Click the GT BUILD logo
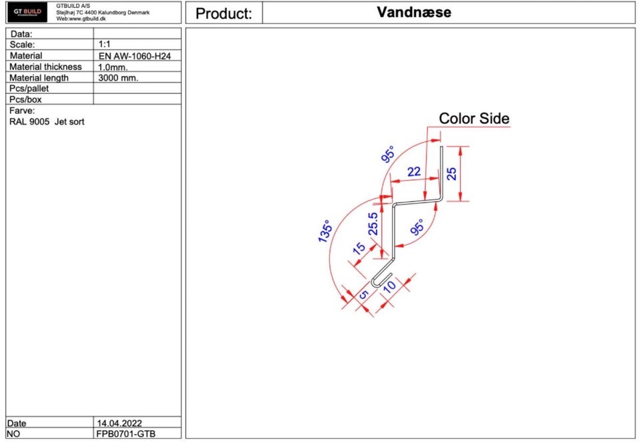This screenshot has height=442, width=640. coord(27,12)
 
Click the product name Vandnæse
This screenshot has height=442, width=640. coord(414,12)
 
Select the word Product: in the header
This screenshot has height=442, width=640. coord(224,13)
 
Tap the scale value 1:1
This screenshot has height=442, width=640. coord(105,44)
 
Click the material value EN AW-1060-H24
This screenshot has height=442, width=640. coord(135,56)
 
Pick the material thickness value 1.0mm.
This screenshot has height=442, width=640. coord(113,67)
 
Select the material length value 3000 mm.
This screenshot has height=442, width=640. coord(119,78)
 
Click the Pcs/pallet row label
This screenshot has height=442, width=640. coord(29,89)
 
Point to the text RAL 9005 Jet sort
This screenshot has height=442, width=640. coord(47,122)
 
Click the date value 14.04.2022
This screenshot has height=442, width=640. coord(119,423)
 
